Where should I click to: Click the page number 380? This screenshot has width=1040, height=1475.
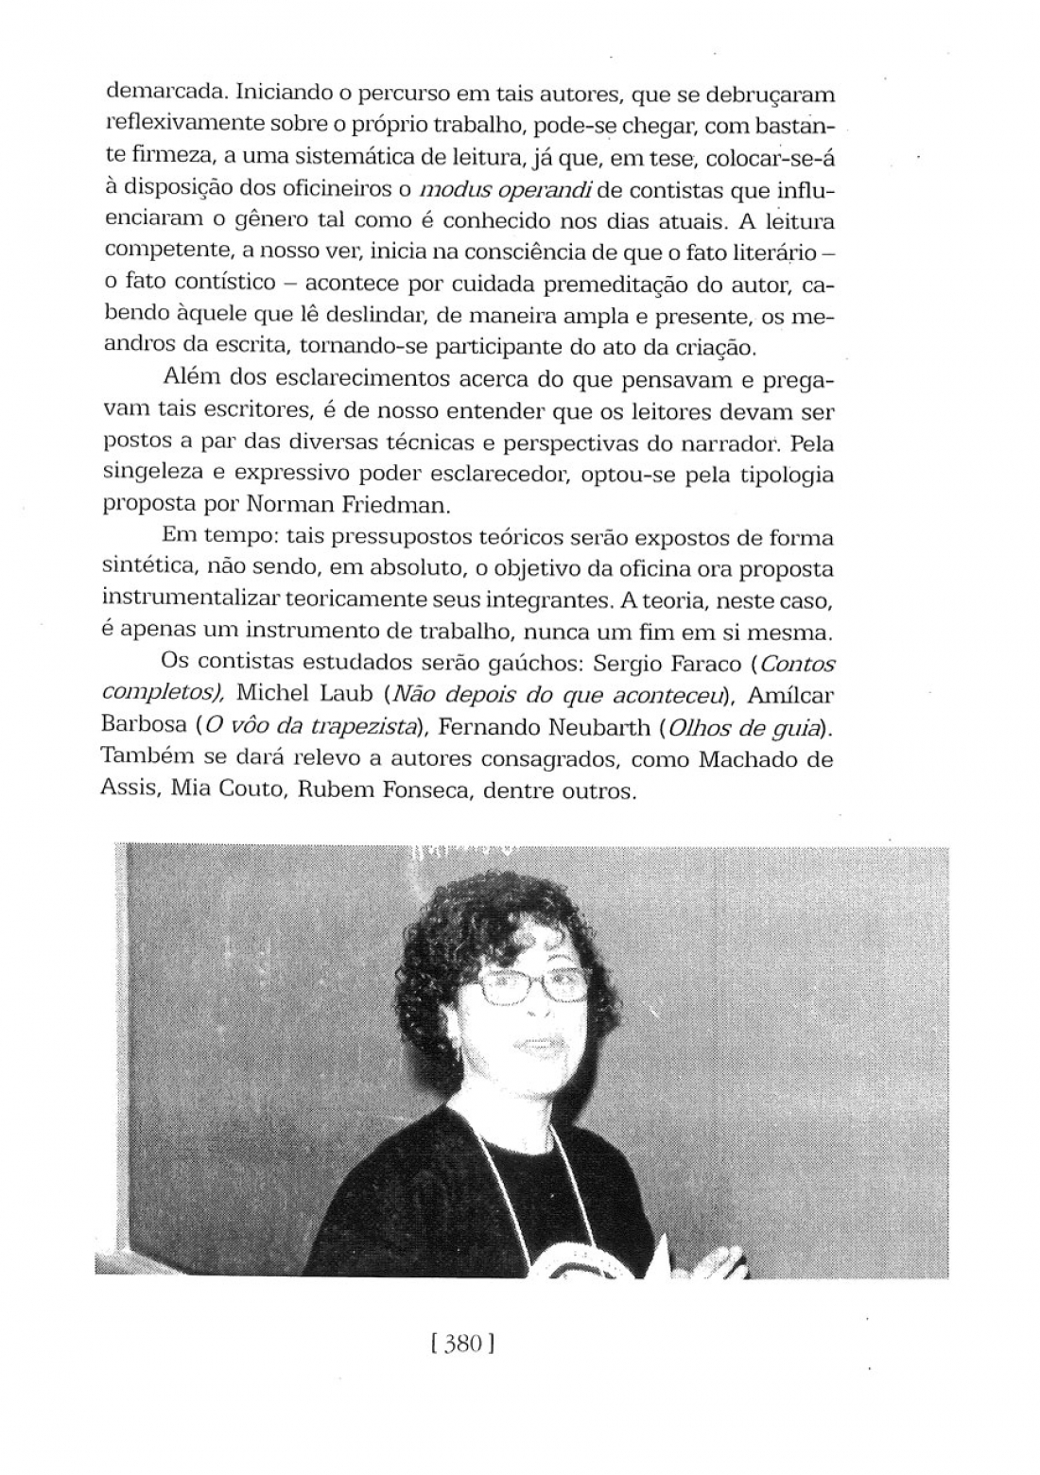(x=463, y=1344)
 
